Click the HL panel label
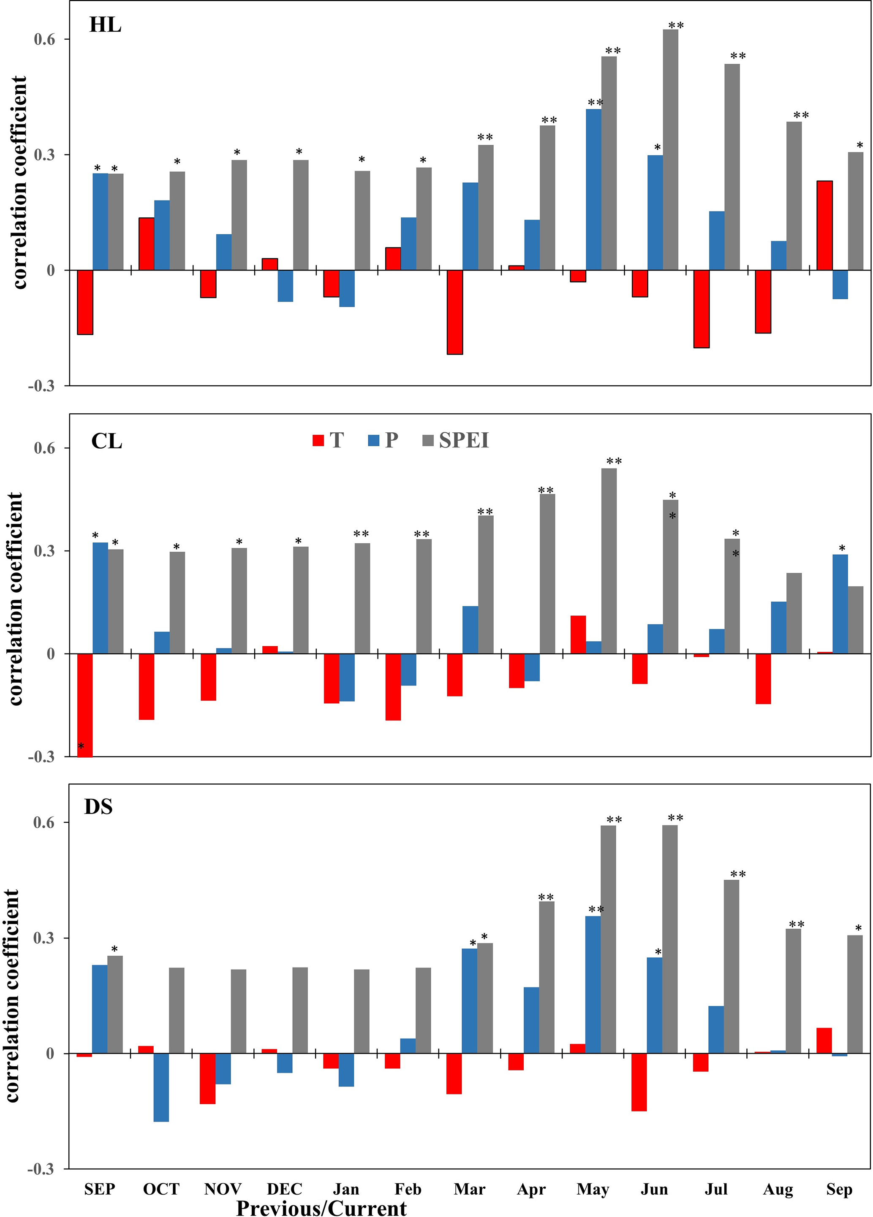105,25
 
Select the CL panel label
107,441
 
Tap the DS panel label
98,807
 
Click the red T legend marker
318,441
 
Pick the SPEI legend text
464,441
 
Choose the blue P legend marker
374,441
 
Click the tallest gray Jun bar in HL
670,150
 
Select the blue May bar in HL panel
593,190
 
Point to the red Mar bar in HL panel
455,312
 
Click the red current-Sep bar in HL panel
824,225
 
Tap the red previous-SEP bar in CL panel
85,705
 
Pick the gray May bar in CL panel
609,561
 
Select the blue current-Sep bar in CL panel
840,604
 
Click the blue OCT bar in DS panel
161,1087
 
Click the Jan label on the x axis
346,1189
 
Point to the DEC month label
285,1189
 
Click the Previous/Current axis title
321,1208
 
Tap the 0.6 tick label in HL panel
45,40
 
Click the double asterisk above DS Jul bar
738,875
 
